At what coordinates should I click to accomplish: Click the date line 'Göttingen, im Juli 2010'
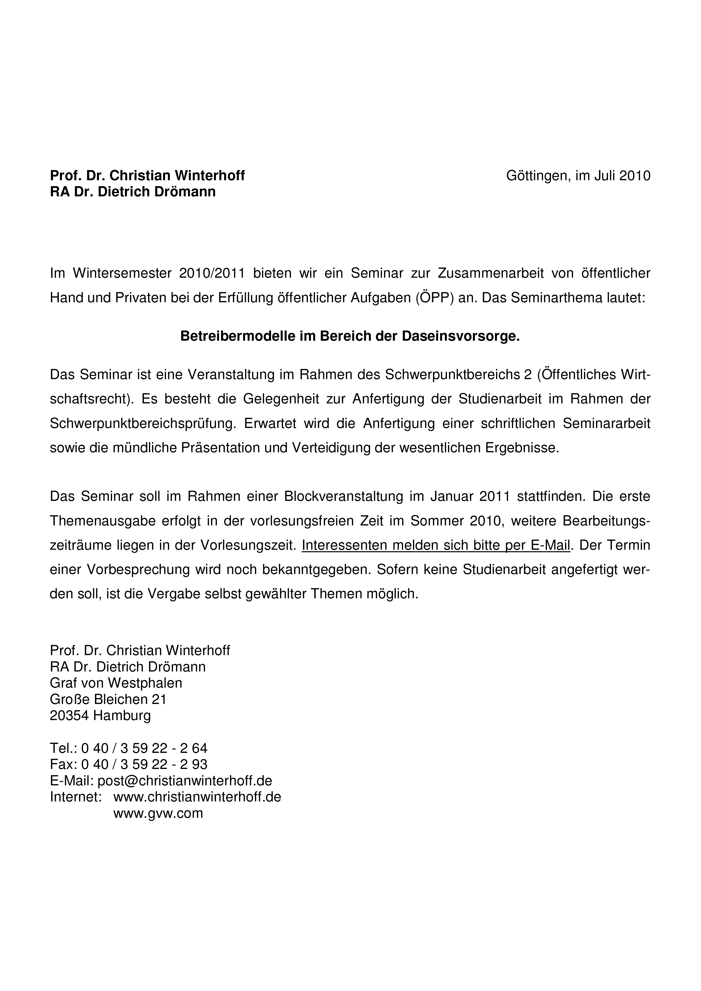(578, 176)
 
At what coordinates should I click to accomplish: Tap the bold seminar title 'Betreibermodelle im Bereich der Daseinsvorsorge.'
(350, 336)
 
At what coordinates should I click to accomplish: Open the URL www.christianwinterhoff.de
(197, 797)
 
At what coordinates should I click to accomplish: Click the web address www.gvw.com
(158, 813)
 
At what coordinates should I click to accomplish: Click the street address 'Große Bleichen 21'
(108, 699)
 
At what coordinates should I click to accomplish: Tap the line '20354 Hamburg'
(100, 715)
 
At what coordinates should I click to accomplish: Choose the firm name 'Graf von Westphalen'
(116, 683)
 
